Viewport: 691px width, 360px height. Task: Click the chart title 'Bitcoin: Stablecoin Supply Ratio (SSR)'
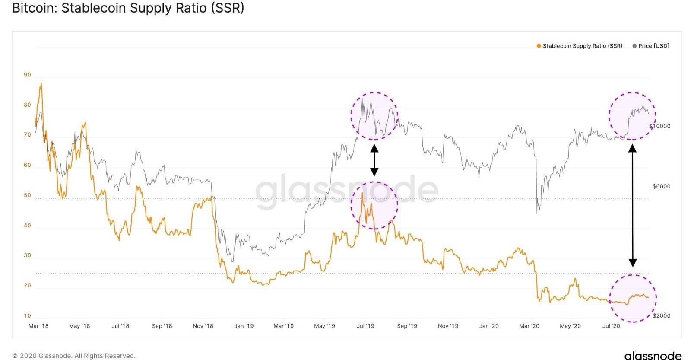tap(128, 8)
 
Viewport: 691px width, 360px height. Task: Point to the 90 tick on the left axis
tap(27, 75)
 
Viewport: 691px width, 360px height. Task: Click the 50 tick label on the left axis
tap(27, 195)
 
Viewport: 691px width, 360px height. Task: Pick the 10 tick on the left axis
tap(27, 316)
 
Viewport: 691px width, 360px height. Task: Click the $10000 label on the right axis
tap(659, 126)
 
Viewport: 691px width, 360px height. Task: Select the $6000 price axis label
tap(661, 187)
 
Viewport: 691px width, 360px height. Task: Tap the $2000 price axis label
tap(661, 316)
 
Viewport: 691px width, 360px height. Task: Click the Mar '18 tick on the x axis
tap(38, 326)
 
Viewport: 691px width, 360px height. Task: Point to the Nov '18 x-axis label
tap(203, 326)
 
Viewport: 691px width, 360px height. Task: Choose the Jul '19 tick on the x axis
tap(365, 326)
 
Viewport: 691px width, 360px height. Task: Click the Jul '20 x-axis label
tap(611, 326)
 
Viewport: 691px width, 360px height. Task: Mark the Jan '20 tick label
tap(489, 326)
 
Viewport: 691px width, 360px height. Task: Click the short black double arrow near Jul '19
tap(374, 160)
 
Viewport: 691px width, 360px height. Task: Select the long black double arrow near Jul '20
tap(632, 205)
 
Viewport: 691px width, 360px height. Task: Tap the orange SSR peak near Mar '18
tap(41, 83)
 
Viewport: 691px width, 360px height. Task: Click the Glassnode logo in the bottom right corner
tap(653, 355)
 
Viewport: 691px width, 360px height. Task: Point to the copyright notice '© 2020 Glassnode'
tap(74, 356)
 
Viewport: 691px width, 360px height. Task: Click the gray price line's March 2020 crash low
tap(537, 213)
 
